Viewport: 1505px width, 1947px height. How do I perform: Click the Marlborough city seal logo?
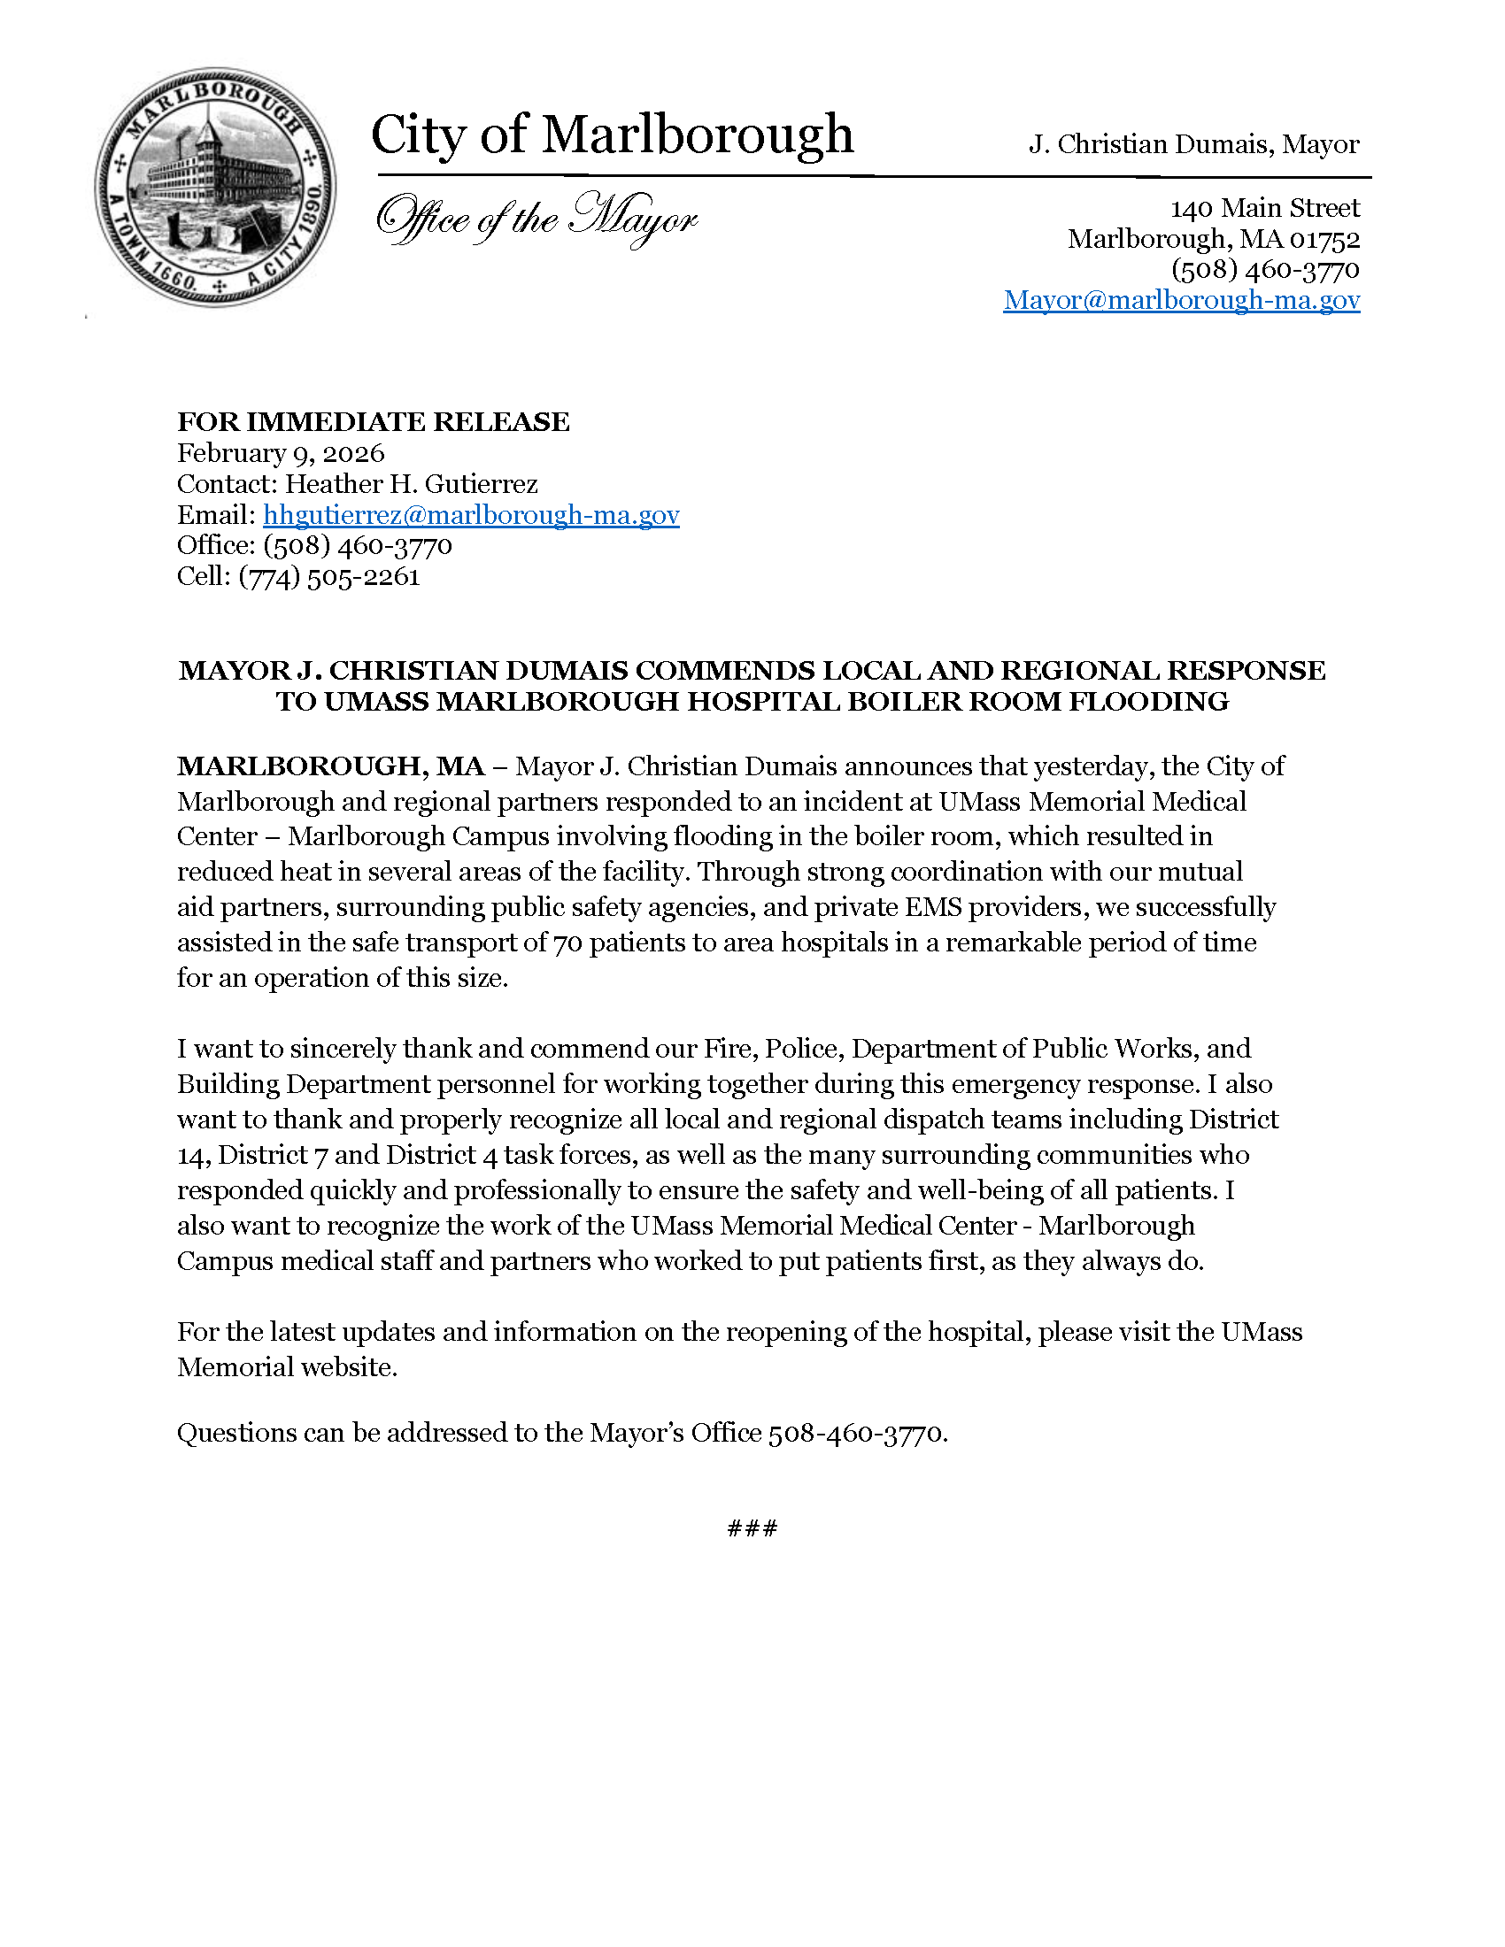point(216,188)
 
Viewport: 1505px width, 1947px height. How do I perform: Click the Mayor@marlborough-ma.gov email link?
point(1181,300)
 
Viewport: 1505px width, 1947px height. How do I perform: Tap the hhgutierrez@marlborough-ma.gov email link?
point(471,515)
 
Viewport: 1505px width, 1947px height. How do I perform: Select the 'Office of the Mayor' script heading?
point(536,219)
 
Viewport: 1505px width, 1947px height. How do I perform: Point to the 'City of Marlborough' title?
point(612,135)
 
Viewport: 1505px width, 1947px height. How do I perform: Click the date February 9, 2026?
point(281,453)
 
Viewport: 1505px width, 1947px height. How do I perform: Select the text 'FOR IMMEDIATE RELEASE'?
point(373,421)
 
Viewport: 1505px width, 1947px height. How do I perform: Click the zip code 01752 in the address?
point(1325,239)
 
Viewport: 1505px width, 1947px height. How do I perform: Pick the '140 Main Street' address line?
point(1264,208)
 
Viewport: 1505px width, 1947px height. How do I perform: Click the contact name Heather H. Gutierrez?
point(411,484)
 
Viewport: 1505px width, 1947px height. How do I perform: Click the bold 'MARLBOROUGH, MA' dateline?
point(331,766)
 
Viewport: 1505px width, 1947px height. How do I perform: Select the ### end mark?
point(752,1528)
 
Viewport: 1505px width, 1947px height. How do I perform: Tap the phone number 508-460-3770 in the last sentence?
point(855,1433)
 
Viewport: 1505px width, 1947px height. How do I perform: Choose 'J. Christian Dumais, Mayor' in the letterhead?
point(1193,144)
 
